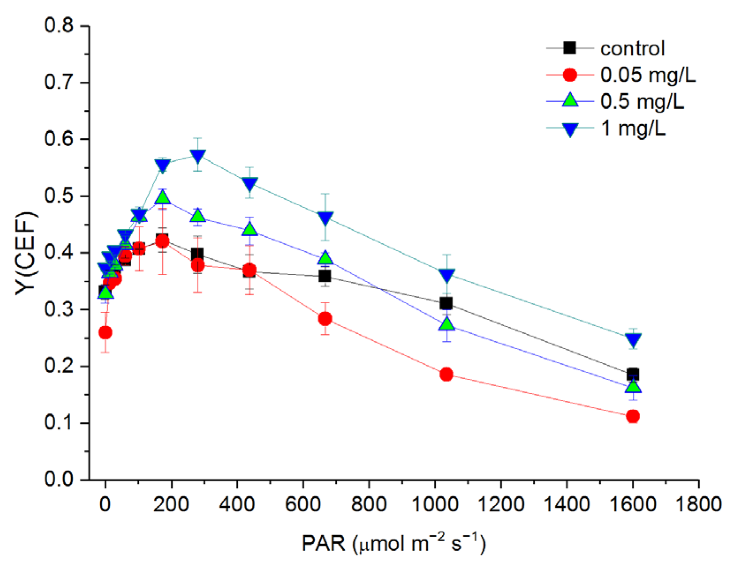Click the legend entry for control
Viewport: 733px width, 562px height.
(x=632, y=49)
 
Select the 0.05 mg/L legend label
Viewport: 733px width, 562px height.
(x=648, y=75)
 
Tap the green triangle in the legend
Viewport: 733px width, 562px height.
(x=570, y=101)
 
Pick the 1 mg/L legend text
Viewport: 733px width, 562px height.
(x=633, y=128)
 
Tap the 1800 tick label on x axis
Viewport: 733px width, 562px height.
(x=699, y=504)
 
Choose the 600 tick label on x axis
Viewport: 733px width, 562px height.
(x=303, y=504)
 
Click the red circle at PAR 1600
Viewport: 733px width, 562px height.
(x=633, y=416)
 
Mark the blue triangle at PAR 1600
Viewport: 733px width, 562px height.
(x=633, y=340)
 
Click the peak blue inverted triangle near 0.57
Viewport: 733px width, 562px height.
(x=198, y=156)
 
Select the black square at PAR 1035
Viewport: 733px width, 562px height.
(x=446, y=303)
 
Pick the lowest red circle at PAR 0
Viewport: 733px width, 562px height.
(x=105, y=332)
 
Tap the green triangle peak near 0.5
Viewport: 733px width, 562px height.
(x=163, y=197)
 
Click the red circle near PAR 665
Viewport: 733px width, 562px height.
(x=325, y=319)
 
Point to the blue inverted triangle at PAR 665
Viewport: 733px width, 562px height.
(x=325, y=218)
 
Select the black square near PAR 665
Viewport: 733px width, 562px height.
(x=325, y=276)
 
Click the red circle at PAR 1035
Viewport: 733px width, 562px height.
(x=446, y=374)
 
